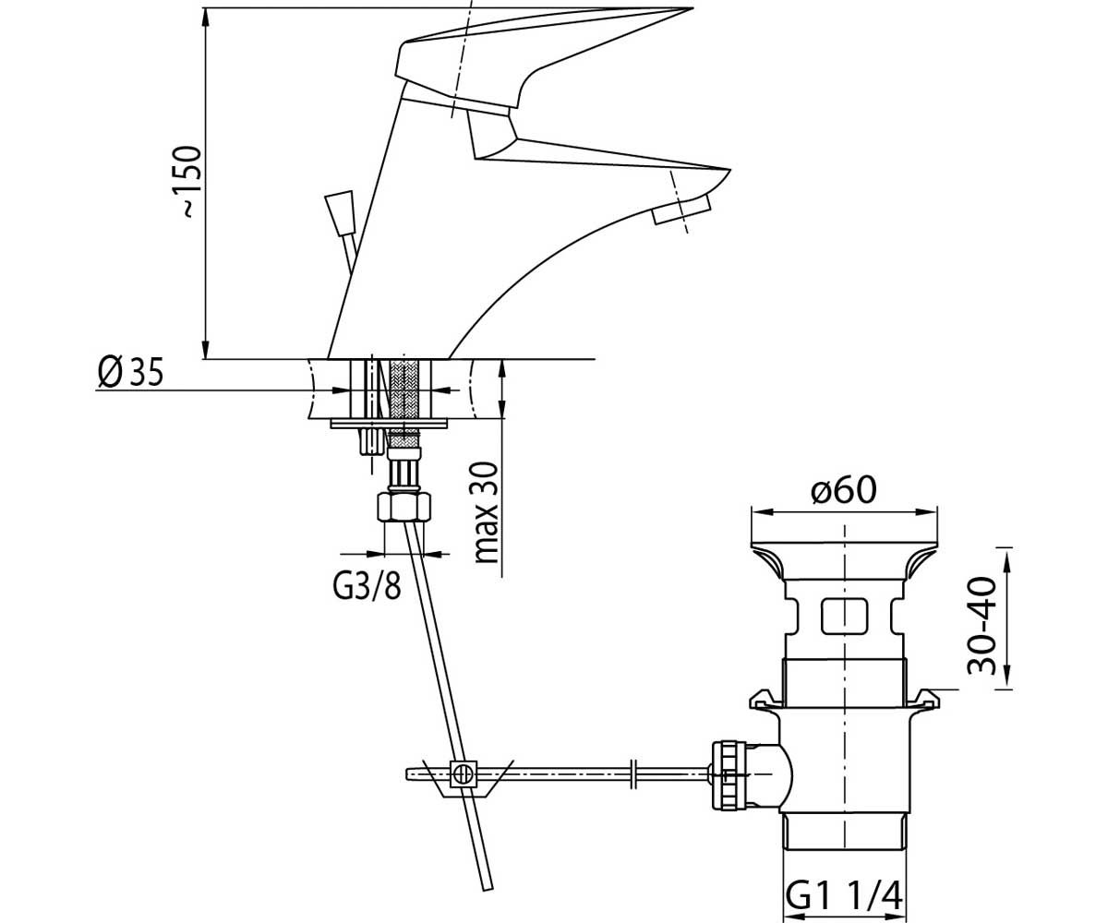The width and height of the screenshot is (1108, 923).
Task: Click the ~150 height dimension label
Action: pos(191,181)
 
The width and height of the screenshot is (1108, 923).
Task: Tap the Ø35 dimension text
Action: pos(130,371)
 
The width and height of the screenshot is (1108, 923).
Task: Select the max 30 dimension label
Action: pos(486,513)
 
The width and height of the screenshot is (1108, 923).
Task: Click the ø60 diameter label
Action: pos(844,489)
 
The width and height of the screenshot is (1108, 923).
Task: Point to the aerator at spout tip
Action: pos(680,210)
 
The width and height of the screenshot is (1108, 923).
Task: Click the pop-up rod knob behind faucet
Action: pos(340,213)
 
